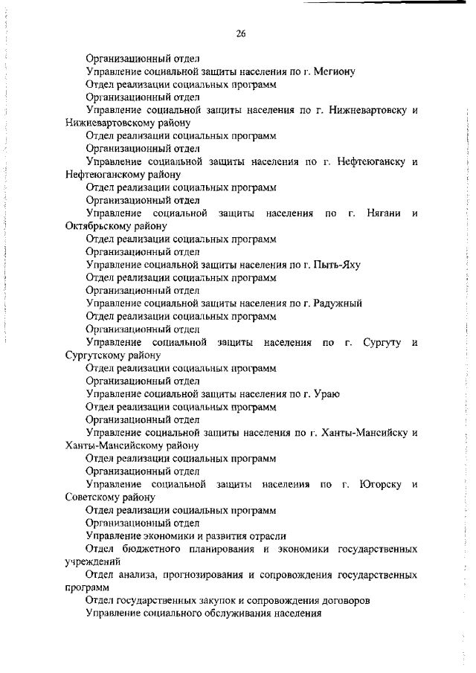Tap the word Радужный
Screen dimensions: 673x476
(x=338, y=303)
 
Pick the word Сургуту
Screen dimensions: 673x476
(x=382, y=342)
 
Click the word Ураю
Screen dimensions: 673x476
(x=327, y=394)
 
